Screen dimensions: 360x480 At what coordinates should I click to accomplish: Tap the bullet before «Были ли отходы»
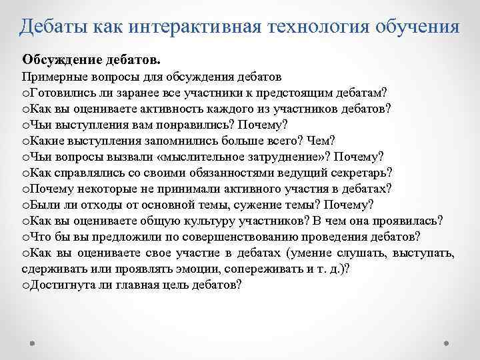coord(26,205)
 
